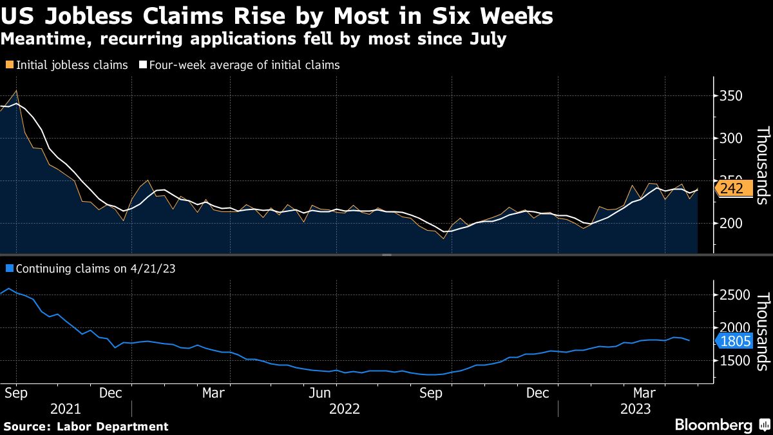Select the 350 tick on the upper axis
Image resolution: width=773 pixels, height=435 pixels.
(730, 96)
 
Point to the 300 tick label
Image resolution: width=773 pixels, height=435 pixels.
(730, 139)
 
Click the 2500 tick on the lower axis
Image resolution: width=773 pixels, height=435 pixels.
(735, 295)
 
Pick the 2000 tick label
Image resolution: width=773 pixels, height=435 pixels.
(735, 328)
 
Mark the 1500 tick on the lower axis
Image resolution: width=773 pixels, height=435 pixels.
(735, 361)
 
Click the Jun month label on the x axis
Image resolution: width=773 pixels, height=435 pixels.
(321, 392)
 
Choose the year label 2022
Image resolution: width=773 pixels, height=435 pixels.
(344, 409)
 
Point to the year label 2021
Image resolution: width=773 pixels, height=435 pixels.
(65, 409)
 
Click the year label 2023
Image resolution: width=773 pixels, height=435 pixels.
(635, 409)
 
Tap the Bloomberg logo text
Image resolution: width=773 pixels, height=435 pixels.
(713, 425)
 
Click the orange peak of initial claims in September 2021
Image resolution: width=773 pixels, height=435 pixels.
(16, 90)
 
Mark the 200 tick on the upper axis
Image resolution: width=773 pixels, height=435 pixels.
(730, 223)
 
